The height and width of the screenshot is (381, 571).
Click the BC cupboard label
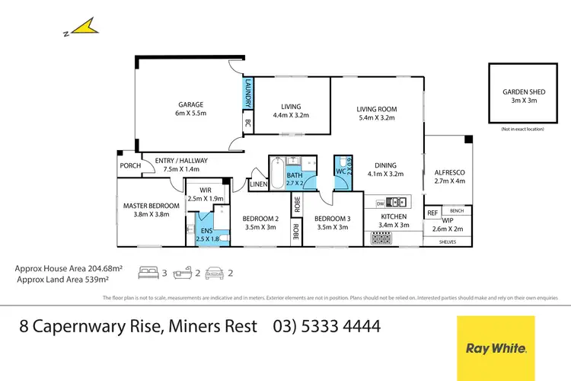coord(247,123)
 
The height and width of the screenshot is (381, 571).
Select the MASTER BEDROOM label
coord(152,206)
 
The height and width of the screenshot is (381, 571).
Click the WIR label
coord(205,190)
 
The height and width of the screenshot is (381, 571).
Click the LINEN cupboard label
coord(258,184)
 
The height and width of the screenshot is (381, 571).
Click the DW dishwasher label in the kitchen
coord(379,203)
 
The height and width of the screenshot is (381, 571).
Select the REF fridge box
coord(432,213)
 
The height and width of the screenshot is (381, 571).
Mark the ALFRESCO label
coord(448,172)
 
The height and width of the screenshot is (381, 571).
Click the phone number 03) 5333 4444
coord(327,327)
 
